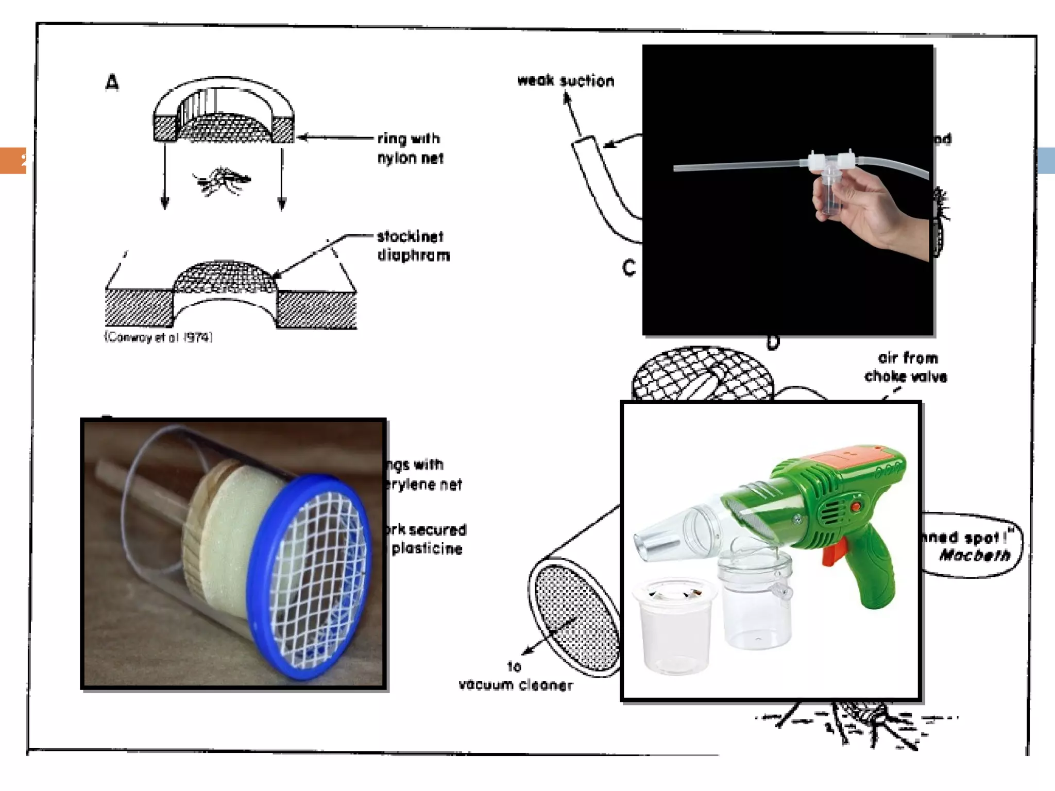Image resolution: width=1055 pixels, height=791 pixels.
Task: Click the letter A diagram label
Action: [112, 82]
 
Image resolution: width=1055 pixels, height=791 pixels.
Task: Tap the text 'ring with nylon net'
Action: [410, 148]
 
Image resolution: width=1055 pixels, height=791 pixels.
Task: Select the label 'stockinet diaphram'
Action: [413, 246]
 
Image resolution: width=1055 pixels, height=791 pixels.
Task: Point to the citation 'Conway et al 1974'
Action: [159, 337]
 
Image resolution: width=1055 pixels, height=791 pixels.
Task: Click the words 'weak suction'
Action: [566, 81]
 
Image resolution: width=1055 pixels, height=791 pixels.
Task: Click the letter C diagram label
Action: [629, 268]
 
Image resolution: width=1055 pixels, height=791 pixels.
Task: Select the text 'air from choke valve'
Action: [907, 367]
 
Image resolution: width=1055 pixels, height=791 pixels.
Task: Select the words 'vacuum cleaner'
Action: [516, 685]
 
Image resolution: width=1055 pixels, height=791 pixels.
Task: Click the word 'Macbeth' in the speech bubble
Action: [975, 555]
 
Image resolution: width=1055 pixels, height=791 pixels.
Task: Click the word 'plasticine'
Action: [427, 548]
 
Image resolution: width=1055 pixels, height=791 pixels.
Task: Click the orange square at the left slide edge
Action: [13, 161]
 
